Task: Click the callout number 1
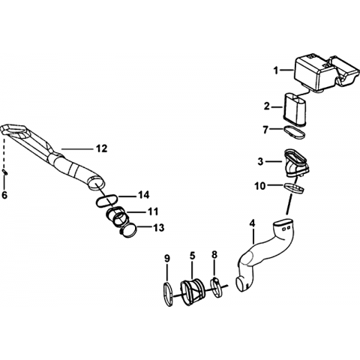click(x=276, y=70)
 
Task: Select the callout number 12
click(x=102, y=148)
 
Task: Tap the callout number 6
click(x=4, y=195)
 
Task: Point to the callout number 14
click(x=144, y=195)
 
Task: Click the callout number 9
click(x=167, y=258)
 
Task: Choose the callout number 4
click(x=253, y=223)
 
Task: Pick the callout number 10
click(x=259, y=186)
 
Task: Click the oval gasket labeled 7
click(x=295, y=132)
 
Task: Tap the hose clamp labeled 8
click(x=216, y=288)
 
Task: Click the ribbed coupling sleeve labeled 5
click(x=193, y=292)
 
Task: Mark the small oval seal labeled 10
click(x=295, y=188)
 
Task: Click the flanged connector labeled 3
click(x=296, y=163)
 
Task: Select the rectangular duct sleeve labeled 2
click(x=294, y=109)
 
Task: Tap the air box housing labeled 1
click(x=325, y=73)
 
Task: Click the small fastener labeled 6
click(x=4, y=172)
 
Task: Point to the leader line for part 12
click(x=76, y=149)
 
